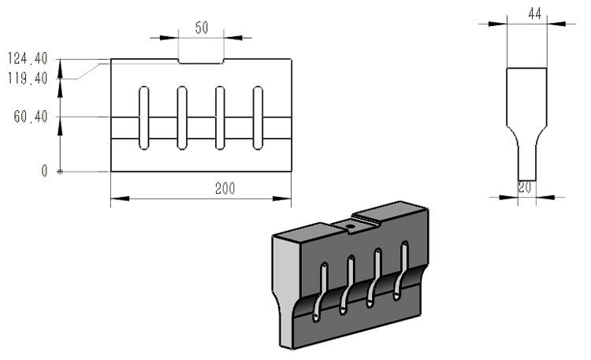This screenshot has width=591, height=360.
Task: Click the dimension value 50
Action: click(x=202, y=28)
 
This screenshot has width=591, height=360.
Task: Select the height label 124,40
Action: click(x=28, y=58)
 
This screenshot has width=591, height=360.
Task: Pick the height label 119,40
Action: click(x=28, y=77)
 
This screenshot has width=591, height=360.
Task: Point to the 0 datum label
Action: click(x=45, y=170)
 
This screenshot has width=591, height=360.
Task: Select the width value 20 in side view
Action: click(x=525, y=187)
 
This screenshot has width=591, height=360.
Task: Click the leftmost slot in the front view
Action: click(x=143, y=117)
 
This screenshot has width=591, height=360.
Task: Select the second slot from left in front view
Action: click(x=181, y=117)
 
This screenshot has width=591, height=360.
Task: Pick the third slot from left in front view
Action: click(x=220, y=117)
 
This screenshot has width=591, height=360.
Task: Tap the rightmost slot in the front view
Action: click(x=258, y=117)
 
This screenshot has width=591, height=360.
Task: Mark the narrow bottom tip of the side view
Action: click(x=526, y=167)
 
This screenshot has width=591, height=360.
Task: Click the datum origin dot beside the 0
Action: click(x=60, y=171)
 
